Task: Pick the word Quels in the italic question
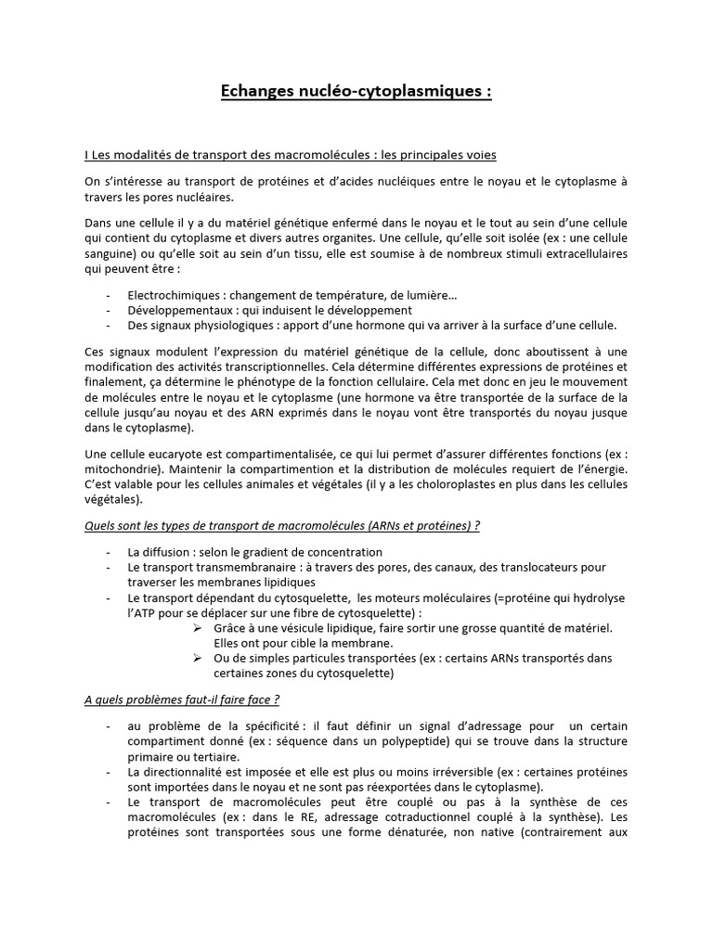pyautogui.click(x=99, y=526)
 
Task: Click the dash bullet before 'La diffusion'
pyautogui.click(x=110, y=552)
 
